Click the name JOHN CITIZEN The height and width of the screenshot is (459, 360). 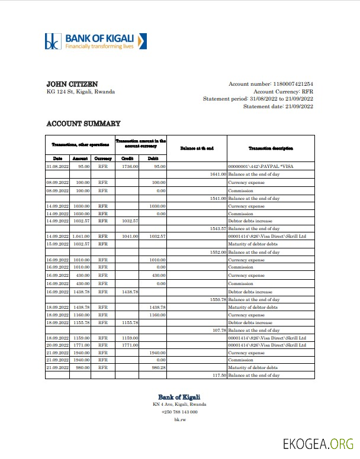[72, 85]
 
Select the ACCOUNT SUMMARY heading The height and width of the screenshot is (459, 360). [83, 124]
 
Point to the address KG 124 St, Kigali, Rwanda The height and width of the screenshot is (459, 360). [81, 92]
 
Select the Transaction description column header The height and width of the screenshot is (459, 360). [271, 148]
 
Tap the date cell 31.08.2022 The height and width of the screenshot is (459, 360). [57, 167]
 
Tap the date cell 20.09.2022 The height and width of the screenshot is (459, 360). [57, 345]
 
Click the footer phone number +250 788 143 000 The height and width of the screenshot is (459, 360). [179, 412]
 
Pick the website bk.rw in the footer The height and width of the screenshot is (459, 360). [179, 419]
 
